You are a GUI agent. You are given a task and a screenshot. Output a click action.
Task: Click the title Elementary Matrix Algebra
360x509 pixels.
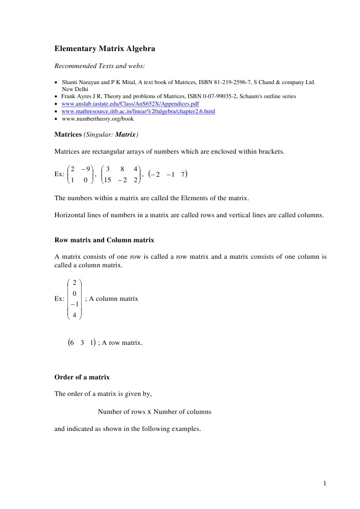click(x=105, y=49)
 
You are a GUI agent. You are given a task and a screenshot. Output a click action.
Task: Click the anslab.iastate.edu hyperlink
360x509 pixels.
click(x=130, y=104)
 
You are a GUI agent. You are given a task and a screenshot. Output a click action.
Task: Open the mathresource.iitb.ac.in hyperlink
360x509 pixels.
click(x=138, y=111)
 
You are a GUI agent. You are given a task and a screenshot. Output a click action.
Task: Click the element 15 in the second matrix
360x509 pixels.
click(x=107, y=180)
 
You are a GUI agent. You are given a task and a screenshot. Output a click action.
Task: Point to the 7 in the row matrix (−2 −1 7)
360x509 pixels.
click(x=184, y=174)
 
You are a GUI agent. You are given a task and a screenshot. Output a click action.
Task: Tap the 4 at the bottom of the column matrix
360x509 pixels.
click(x=74, y=315)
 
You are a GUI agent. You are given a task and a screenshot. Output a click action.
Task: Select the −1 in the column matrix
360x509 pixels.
click(x=74, y=304)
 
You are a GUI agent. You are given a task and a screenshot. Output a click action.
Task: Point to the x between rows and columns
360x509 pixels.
click(x=149, y=412)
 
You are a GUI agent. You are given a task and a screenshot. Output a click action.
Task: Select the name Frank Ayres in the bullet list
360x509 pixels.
click(x=76, y=96)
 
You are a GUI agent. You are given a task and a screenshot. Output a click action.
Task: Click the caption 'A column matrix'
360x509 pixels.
click(x=114, y=298)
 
